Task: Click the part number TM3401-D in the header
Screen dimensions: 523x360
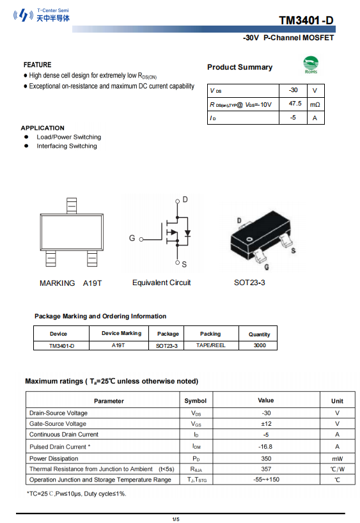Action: pyautogui.click(x=306, y=20)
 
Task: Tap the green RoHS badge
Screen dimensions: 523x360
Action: pyautogui.click(x=311, y=65)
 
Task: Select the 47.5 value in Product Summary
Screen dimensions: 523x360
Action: pyautogui.click(x=295, y=104)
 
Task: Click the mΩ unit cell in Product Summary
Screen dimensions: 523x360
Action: pyautogui.click(x=315, y=104)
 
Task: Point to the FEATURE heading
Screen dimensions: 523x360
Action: pyautogui.click(x=37, y=65)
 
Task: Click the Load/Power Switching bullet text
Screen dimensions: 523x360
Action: pyautogui.click(x=68, y=137)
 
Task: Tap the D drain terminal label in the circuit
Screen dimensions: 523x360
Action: pyautogui.click(x=185, y=200)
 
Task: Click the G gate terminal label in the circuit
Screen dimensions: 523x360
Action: pyautogui.click(x=132, y=238)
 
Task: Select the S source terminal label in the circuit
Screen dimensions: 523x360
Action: pyautogui.click(x=184, y=264)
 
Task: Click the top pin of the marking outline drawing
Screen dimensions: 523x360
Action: pyautogui.click(x=71, y=205)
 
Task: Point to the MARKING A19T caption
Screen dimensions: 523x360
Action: pyautogui.click(x=70, y=283)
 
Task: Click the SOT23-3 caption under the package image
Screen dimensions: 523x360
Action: pyautogui.click(x=249, y=283)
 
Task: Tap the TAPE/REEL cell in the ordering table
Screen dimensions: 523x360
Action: pyautogui.click(x=210, y=345)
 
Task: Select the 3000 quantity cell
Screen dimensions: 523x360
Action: pyautogui.click(x=260, y=345)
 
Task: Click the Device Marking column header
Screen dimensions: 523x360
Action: pyautogui.click(x=121, y=334)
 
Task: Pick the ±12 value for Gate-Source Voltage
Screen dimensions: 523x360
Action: pyautogui.click(x=266, y=424)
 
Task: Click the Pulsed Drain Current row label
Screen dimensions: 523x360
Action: pyautogui.click(x=59, y=447)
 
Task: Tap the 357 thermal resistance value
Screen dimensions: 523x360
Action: pyautogui.click(x=266, y=469)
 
